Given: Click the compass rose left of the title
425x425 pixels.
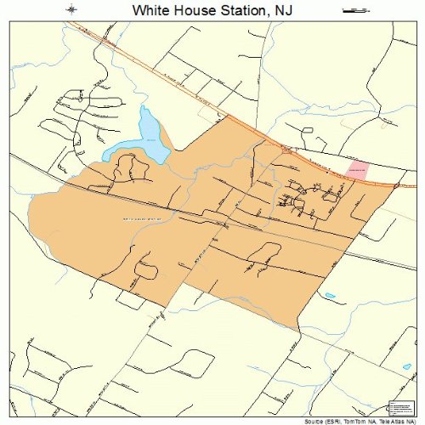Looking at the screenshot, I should click(x=74, y=10).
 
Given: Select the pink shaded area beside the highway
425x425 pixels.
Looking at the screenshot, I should click(x=359, y=168).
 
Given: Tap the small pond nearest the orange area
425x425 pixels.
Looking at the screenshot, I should click(x=330, y=297).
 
